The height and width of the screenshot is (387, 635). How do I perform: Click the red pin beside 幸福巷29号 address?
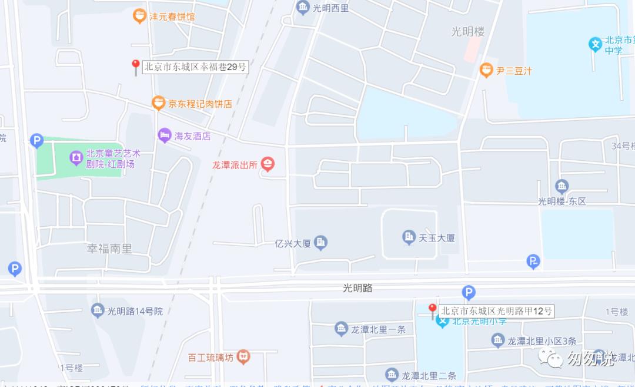coord(135,66)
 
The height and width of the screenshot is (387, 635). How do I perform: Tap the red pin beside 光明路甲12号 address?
coord(432,309)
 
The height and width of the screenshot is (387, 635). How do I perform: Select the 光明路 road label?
coord(357,288)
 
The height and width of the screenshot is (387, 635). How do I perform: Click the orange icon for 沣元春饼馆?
coord(139,16)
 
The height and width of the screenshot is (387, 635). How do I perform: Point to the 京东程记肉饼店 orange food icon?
coord(158,103)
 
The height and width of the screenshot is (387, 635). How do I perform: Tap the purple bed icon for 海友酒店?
coord(165,135)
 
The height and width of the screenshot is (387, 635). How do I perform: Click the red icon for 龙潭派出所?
coord(268,164)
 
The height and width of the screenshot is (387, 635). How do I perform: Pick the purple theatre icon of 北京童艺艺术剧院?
coord(76,157)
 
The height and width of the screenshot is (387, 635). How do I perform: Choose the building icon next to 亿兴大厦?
coord(320,242)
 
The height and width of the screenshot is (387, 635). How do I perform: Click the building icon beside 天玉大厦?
coord(409,238)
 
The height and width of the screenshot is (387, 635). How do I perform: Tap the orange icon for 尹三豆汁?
coord(486,70)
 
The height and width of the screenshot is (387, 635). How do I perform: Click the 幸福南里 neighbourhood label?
coord(109,249)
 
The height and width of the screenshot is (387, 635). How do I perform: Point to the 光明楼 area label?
coord(467,32)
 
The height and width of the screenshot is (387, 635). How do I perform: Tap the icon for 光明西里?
coord(303,8)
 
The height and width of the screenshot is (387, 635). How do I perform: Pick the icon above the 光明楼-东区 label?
coord(562,187)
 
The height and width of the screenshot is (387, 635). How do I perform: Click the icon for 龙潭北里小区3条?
coord(498,340)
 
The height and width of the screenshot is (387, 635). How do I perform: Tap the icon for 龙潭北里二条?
coord(392,374)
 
